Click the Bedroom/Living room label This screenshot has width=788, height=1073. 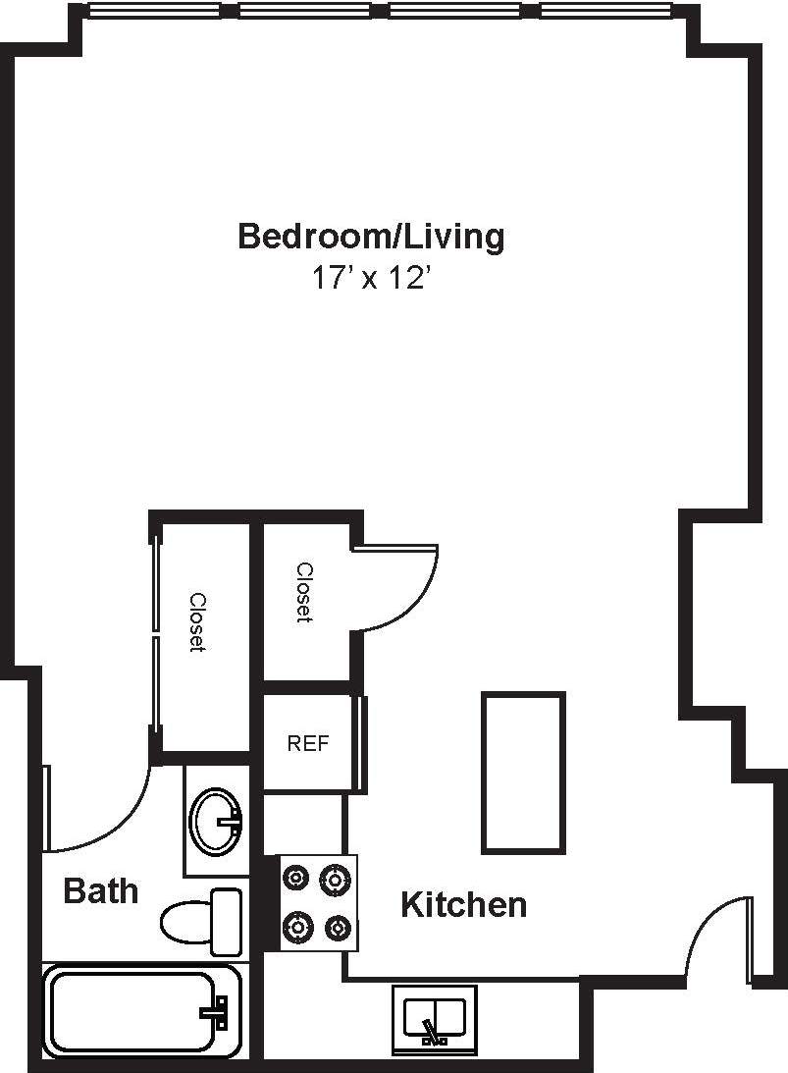point(371,237)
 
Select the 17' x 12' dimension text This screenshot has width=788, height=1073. point(371,279)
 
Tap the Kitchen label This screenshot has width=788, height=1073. point(463,904)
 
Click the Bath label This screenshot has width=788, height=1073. point(100,891)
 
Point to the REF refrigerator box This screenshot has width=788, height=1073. point(307,743)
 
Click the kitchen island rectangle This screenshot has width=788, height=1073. point(523,773)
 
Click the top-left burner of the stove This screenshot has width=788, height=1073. point(296,876)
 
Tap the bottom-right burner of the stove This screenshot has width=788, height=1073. point(338,926)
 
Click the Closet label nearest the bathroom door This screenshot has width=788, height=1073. point(197,622)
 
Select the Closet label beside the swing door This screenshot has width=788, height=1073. point(304,592)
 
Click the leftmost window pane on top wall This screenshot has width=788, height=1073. point(154,12)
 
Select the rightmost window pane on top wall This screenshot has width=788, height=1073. point(604,12)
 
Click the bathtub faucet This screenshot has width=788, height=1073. point(215,1012)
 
